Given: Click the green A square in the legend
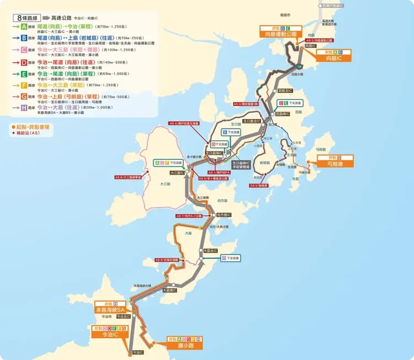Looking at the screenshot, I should click(23, 26).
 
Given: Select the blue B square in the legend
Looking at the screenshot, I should click(23, 38).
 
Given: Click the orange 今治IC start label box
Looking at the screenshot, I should click(107, 335).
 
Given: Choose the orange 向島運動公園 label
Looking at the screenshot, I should click(282, 34).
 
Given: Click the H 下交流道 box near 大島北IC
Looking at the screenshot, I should click(230, 258).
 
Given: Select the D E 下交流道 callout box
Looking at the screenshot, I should click(289, 103).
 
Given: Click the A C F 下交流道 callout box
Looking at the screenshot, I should click(168, 163).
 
